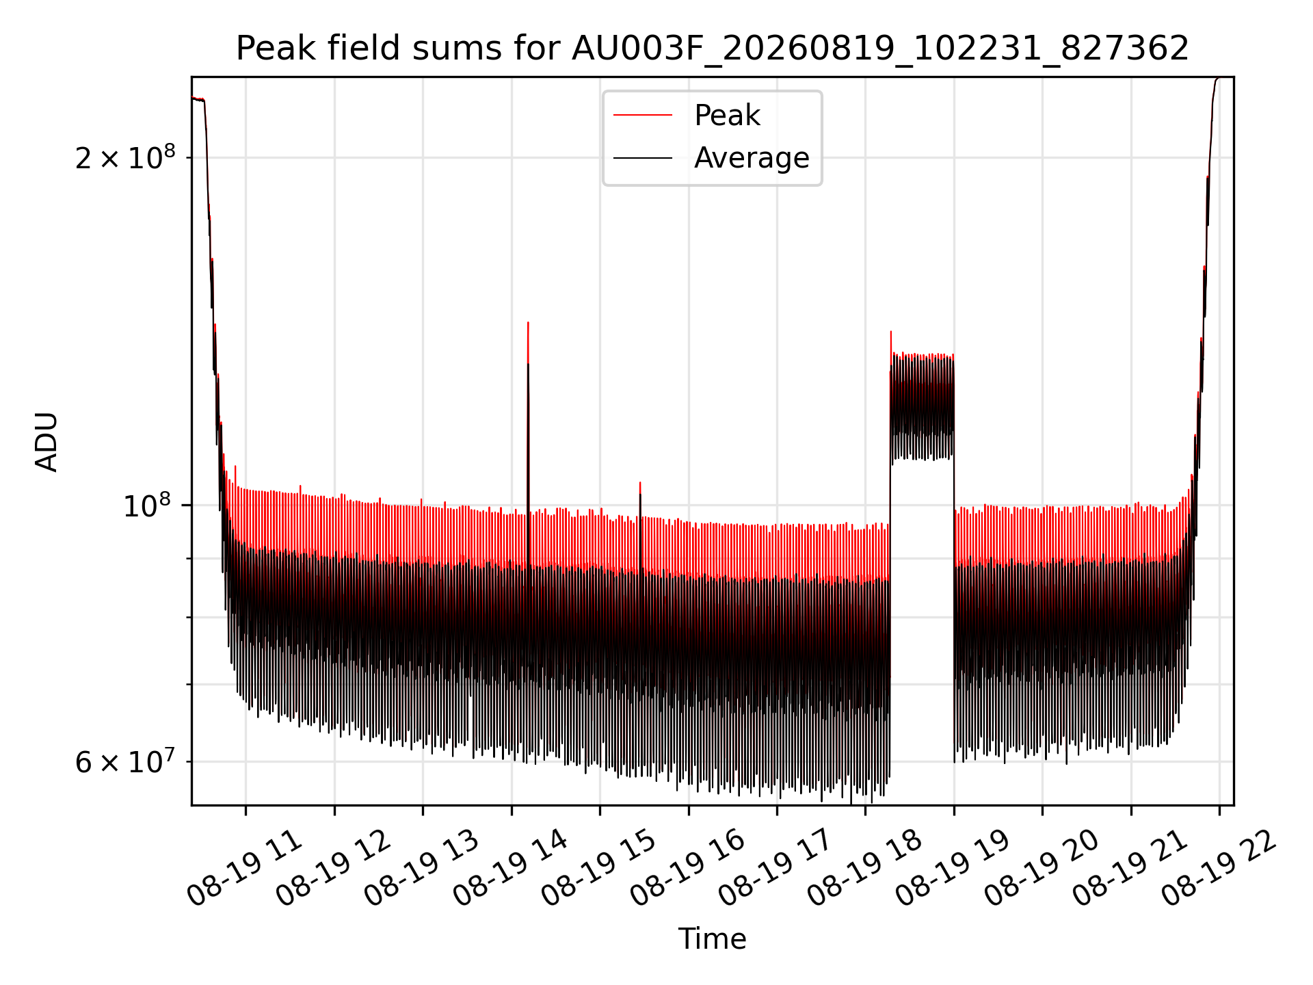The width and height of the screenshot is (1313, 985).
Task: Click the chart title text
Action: (712, 49)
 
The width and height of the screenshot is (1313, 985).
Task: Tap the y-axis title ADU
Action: (47, 441)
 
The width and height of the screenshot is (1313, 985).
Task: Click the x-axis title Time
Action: (712, 938)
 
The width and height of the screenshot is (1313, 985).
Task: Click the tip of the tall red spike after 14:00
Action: (528, 322)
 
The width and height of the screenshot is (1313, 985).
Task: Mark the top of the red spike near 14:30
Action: (640, 482)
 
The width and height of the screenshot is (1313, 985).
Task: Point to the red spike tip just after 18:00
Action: (891, 332)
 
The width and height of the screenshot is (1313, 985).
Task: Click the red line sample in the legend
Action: (642, 116)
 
